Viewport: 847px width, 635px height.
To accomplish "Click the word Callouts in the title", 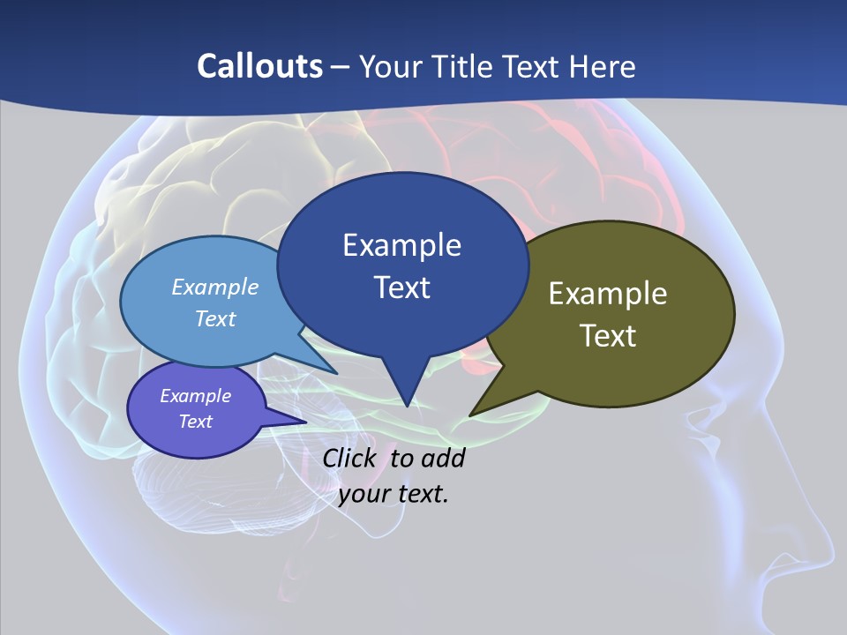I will coord(259,66).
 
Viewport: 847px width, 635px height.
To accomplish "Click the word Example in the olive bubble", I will coord(608,294).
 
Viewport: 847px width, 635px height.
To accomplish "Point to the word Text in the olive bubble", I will coord(608,336).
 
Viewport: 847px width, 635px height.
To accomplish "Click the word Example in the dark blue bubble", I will coord(401,245).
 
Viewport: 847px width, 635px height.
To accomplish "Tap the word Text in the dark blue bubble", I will coord(401,288).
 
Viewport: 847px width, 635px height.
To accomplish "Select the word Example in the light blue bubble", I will coord(215,287).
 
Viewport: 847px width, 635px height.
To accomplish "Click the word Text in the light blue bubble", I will coord(215,318).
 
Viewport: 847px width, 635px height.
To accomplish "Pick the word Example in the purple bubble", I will coord(196,396).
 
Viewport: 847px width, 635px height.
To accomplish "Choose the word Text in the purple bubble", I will coord(196,422).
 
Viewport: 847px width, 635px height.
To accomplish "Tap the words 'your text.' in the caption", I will coord(394,493).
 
